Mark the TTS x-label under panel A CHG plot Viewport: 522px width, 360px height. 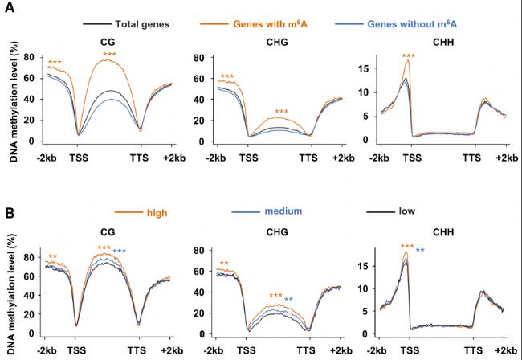tap(308, 157)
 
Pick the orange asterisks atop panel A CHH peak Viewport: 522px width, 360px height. tap(409, 56)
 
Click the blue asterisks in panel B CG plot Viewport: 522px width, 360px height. tap(120, 252)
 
